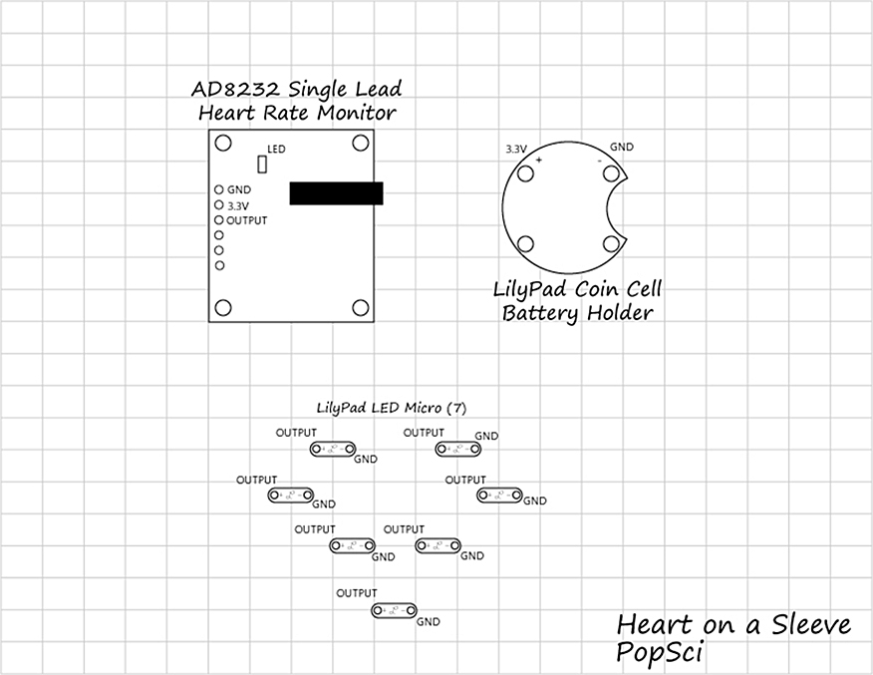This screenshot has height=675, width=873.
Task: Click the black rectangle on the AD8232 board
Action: click(x=336, y=193)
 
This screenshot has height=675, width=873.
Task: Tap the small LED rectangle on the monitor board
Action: click(x=263, y=165)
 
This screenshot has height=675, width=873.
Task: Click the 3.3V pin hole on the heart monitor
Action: click(x=219, y=204)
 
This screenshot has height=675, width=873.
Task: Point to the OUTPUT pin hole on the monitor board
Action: click(x=219, y=219)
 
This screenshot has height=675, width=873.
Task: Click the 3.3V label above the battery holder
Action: click(x=516, y=148)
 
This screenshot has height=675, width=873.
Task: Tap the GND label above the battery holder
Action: click(x=621, y=147)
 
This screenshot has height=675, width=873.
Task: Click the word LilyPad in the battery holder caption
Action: click(x=530, y=291)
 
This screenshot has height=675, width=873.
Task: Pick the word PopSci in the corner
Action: click(x=661, y=653)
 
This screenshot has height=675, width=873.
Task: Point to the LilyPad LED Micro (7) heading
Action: click(x=391, y=407)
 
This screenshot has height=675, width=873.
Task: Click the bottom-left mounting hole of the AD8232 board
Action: click(x=224, y=308)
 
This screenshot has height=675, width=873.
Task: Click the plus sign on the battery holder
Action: click(x=539, y=160)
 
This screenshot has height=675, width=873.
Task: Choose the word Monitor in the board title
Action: click(x=355, y=112)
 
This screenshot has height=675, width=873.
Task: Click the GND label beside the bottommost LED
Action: click(x=429, y=622)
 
